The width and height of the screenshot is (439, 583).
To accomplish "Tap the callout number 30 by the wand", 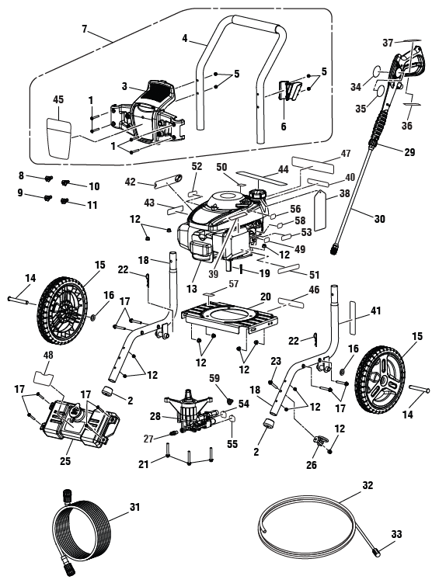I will point(379,220).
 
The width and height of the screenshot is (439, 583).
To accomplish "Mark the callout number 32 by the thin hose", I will point(368,485).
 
